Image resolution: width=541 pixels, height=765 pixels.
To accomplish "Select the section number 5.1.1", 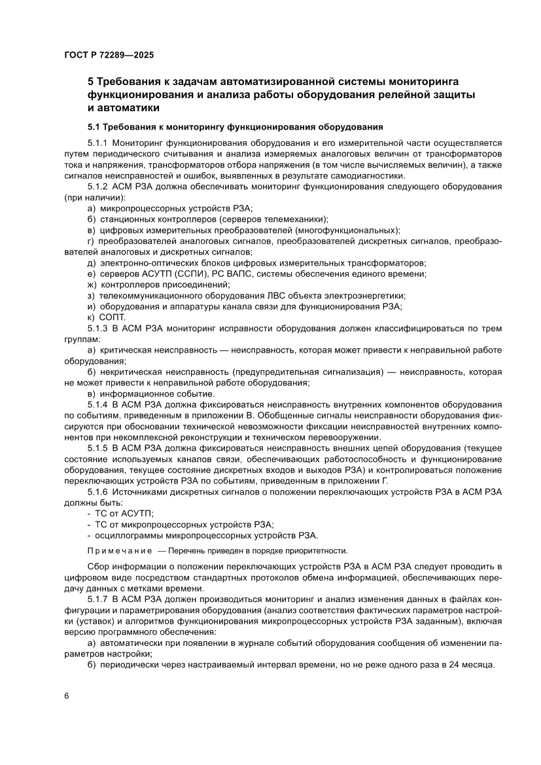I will coord(98,142).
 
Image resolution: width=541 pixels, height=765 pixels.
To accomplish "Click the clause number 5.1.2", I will coord(98,187).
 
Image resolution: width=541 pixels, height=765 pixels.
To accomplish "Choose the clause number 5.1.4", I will coord(98,405).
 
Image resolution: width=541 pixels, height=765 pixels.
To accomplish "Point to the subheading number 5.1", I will coord(94,126).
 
